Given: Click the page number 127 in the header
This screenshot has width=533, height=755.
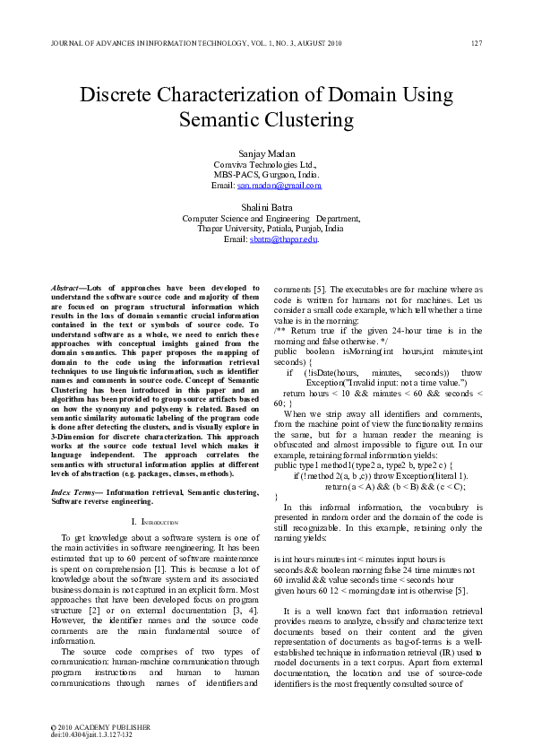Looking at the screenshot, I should click(x=477, y=43).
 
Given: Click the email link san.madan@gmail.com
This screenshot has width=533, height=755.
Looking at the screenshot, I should click(x=279, y=186).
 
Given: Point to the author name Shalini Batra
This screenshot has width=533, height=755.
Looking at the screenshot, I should click(x=266, y=206).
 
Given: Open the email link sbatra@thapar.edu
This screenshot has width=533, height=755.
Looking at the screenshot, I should click(x=284, y=239).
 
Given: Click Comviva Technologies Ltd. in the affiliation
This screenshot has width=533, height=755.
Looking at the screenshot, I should click(x=266, y=166).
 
